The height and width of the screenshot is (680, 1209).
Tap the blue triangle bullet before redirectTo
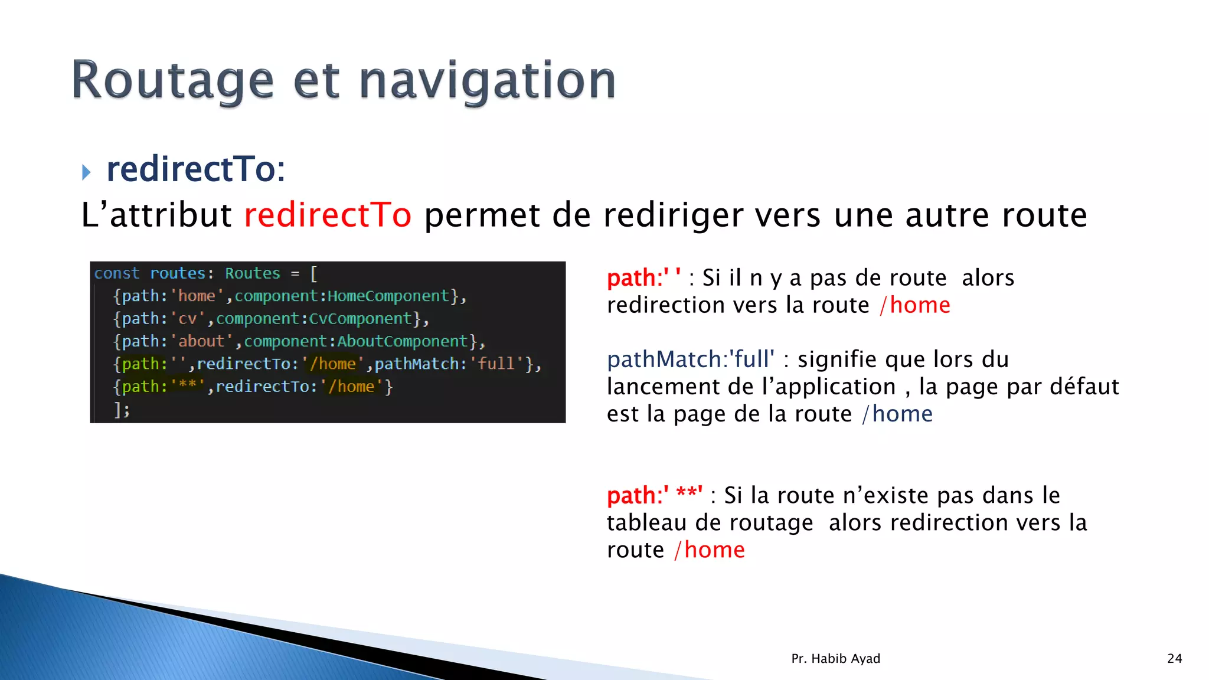(86, 172)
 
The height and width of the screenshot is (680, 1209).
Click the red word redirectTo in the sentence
(328, 215)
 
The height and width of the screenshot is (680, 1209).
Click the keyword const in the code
(117, 273)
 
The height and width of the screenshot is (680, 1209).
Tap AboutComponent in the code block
(403, 341)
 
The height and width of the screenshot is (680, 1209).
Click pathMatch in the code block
(417, 364)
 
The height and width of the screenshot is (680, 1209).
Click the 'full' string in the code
(496, 364)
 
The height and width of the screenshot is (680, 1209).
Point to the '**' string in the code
(187, 387)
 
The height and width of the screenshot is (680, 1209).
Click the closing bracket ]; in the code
(122, 409)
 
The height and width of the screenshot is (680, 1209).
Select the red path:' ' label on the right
(643, 278)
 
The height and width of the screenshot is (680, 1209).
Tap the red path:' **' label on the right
(654, 496)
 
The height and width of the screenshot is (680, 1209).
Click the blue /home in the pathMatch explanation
(897, 414)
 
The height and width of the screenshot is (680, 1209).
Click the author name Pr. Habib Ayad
(835, 659)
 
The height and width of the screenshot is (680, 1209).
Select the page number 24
(1174, 659)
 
